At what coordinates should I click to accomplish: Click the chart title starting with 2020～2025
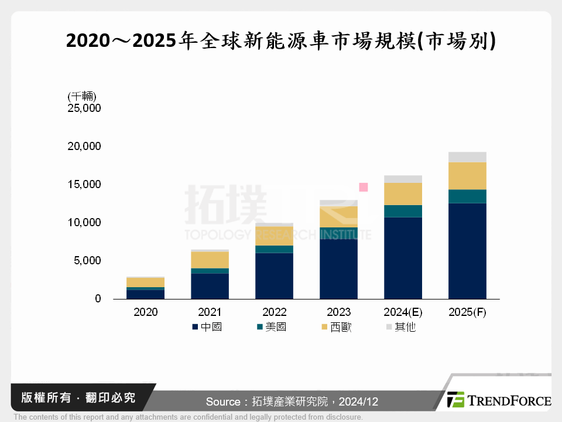coord(281,42)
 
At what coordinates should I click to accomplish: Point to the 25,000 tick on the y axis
coord(84,108)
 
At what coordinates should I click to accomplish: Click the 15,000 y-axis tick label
coord(84,185)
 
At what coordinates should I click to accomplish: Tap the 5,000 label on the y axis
coord(87,261)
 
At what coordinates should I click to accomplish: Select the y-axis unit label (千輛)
coord(82,96)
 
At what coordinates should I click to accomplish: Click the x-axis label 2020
coord(145,312)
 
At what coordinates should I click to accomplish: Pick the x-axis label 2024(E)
coord(403,312)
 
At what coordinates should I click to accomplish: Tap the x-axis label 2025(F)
coord(467,312)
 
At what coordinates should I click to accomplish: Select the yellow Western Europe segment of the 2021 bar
coord(210,260)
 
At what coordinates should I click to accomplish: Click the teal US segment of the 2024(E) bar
coord(403,211)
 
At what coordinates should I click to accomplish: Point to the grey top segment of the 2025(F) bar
coord(467,157)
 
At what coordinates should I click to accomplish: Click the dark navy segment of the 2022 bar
coord(274,275)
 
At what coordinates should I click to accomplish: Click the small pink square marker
coord(363,187)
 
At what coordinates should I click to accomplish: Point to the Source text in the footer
coord(292,401)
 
